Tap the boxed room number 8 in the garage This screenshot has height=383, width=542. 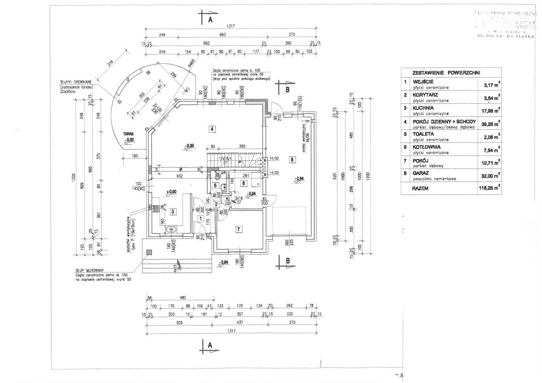coord(291,159)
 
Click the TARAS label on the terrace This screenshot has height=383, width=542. coord(128,133)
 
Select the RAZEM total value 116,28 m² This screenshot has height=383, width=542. coord(489,189)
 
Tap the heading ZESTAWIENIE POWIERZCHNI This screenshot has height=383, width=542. coord(449,72)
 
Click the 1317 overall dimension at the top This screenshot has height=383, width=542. coord(231,26)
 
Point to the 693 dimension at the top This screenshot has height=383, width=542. coord(222,35)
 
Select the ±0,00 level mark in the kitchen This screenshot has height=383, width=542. coord(171,192)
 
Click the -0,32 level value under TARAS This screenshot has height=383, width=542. coord(129,139)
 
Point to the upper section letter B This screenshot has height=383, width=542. coord(288,89)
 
